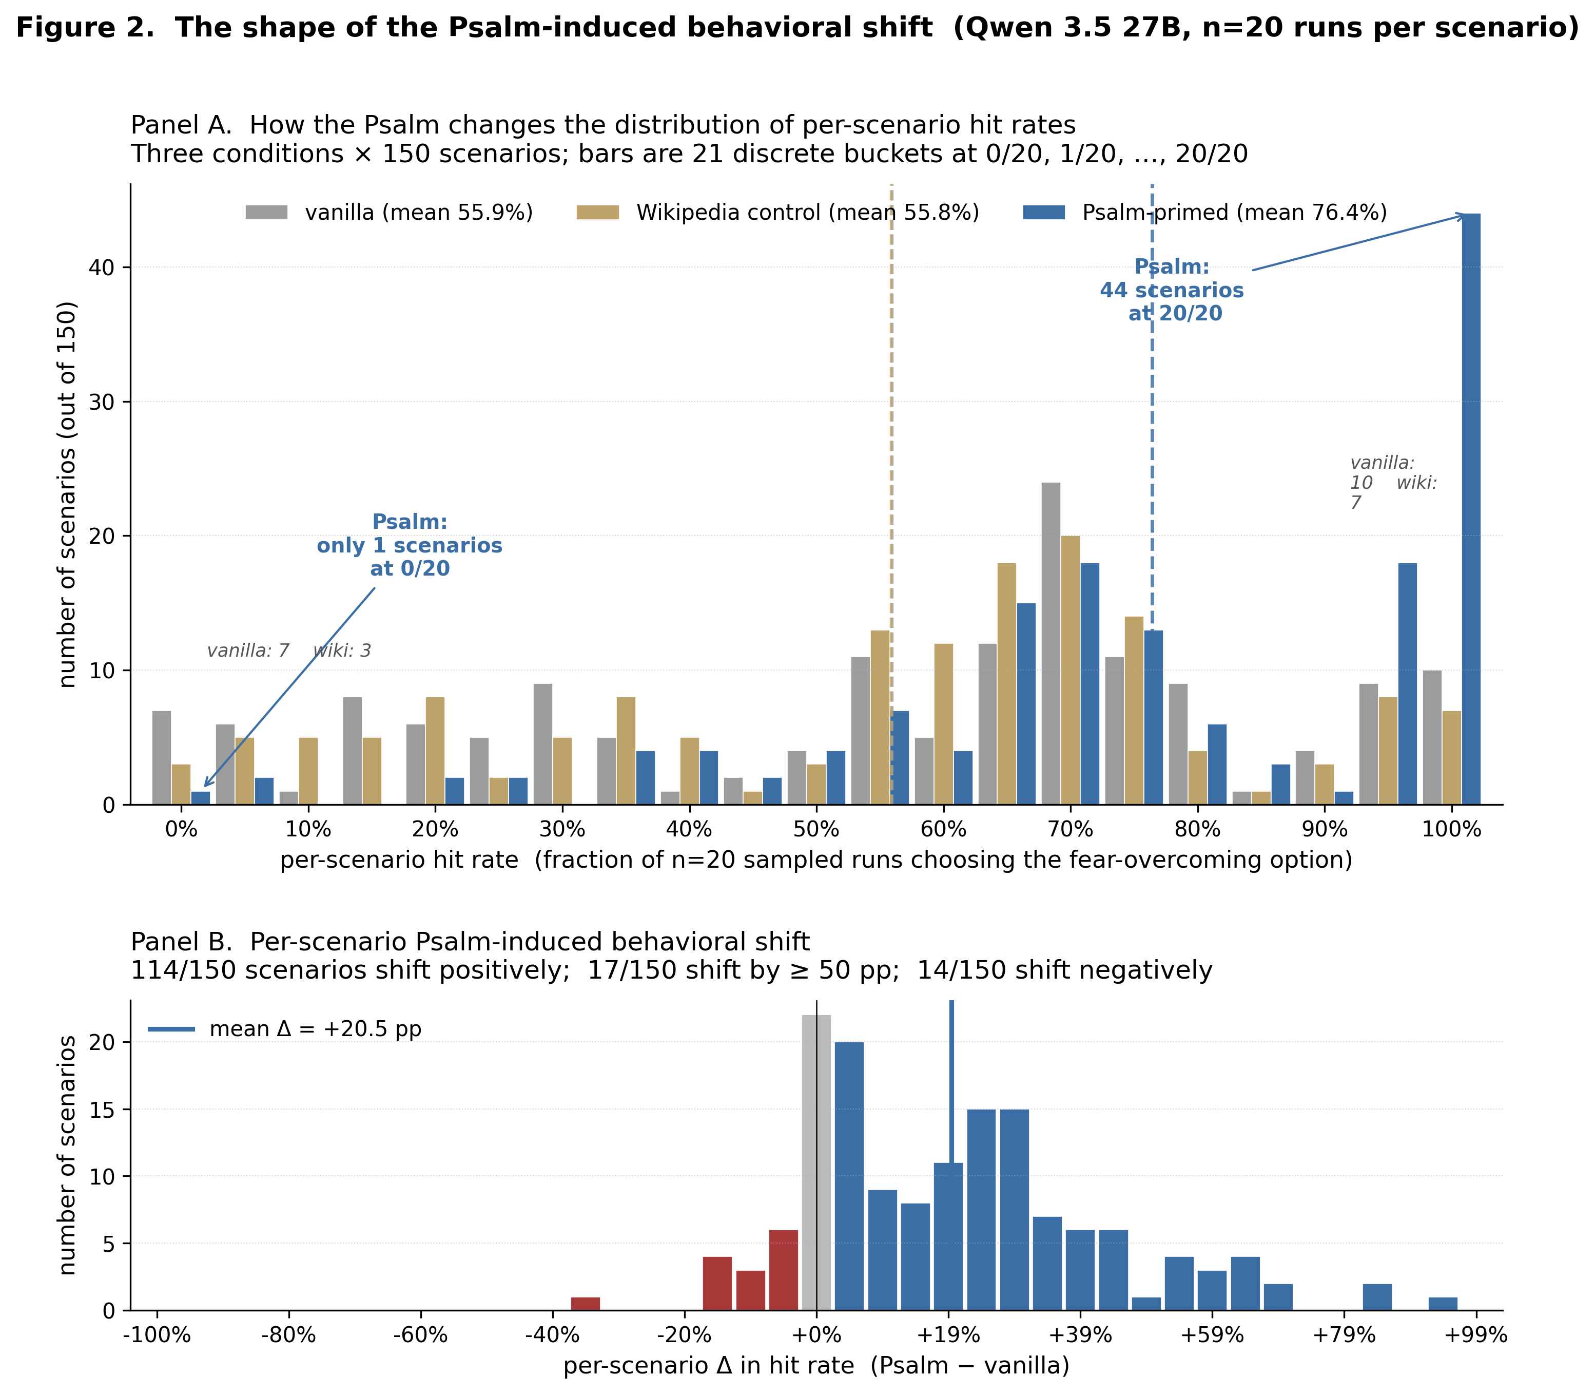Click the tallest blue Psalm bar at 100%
(x=1471, y=509)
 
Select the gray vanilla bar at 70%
(x=1051, y=643)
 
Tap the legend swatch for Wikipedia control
(x=597, y=213)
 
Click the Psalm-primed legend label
(x=1235, y=213)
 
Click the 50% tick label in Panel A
(x=816, y=829)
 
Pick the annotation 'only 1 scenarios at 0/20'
(x=410, y=557)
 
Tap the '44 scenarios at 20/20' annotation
(x=1172, y=302)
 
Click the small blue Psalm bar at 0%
(x=201, y=797)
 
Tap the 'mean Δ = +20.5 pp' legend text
(x=316, y=1029)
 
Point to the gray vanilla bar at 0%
(x=162, y=758)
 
